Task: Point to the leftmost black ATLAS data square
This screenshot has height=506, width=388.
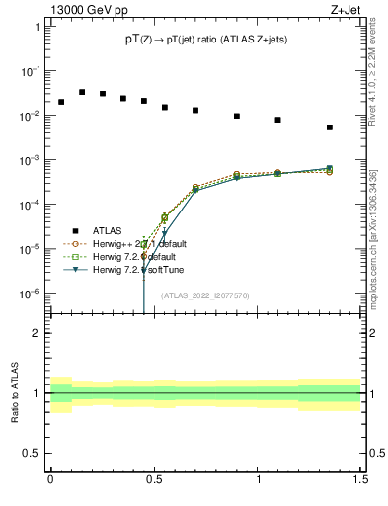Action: click(61, 102)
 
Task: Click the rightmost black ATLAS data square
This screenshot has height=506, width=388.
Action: click(357, 127)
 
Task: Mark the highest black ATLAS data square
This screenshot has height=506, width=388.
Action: click(82, 92)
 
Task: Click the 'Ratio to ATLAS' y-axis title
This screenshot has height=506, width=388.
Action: click(15, 388)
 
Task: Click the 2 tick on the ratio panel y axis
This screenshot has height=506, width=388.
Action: click(36, 333)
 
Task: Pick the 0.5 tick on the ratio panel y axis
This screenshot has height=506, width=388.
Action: click(31, 454)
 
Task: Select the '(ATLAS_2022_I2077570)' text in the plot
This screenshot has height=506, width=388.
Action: click(204, 295)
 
